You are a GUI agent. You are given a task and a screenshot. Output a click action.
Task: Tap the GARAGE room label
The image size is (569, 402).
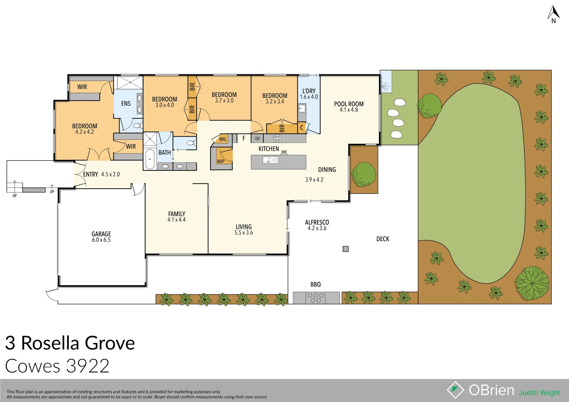click(x=101, y=234)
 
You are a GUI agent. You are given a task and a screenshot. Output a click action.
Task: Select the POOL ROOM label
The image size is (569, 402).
click(x=349, y=104)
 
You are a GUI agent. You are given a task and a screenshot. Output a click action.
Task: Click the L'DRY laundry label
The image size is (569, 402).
click(x=309, y=91)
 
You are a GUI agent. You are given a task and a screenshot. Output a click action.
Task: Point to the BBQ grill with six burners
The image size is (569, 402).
click(x=316, y=298)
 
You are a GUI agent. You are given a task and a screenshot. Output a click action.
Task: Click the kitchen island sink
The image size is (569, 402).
click(x=271, y=160)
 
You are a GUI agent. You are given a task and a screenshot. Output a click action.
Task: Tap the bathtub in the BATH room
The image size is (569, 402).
click(x=150, y=159)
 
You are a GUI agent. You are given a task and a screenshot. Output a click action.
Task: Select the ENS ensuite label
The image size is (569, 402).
click(x=126, y=103)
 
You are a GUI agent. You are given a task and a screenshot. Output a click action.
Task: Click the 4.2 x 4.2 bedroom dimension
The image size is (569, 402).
click(x=85, y=132)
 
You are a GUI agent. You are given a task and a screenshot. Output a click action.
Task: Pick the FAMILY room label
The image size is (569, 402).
click(x=177, y=214)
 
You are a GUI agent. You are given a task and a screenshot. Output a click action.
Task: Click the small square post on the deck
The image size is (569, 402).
click(x=345, y=249)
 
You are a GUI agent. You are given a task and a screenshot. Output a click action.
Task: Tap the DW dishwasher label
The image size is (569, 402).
click(x=284, y=152)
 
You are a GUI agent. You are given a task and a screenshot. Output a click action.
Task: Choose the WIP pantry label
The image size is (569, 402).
click(x=221, y=162)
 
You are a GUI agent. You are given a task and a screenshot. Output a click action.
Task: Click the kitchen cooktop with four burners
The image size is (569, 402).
click(x=277, y=138)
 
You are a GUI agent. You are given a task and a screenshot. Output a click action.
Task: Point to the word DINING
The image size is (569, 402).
click(x=327, y=170)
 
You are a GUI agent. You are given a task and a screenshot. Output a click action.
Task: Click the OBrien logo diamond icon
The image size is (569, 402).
click(x=455, y=390)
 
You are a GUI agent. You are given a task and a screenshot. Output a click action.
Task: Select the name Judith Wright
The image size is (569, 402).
click(x=540, y=393)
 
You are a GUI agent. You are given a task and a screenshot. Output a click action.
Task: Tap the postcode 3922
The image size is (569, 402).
click(x=88, y=366)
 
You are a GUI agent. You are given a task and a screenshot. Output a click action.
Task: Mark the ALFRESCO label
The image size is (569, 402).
click(x=317, y=222)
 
